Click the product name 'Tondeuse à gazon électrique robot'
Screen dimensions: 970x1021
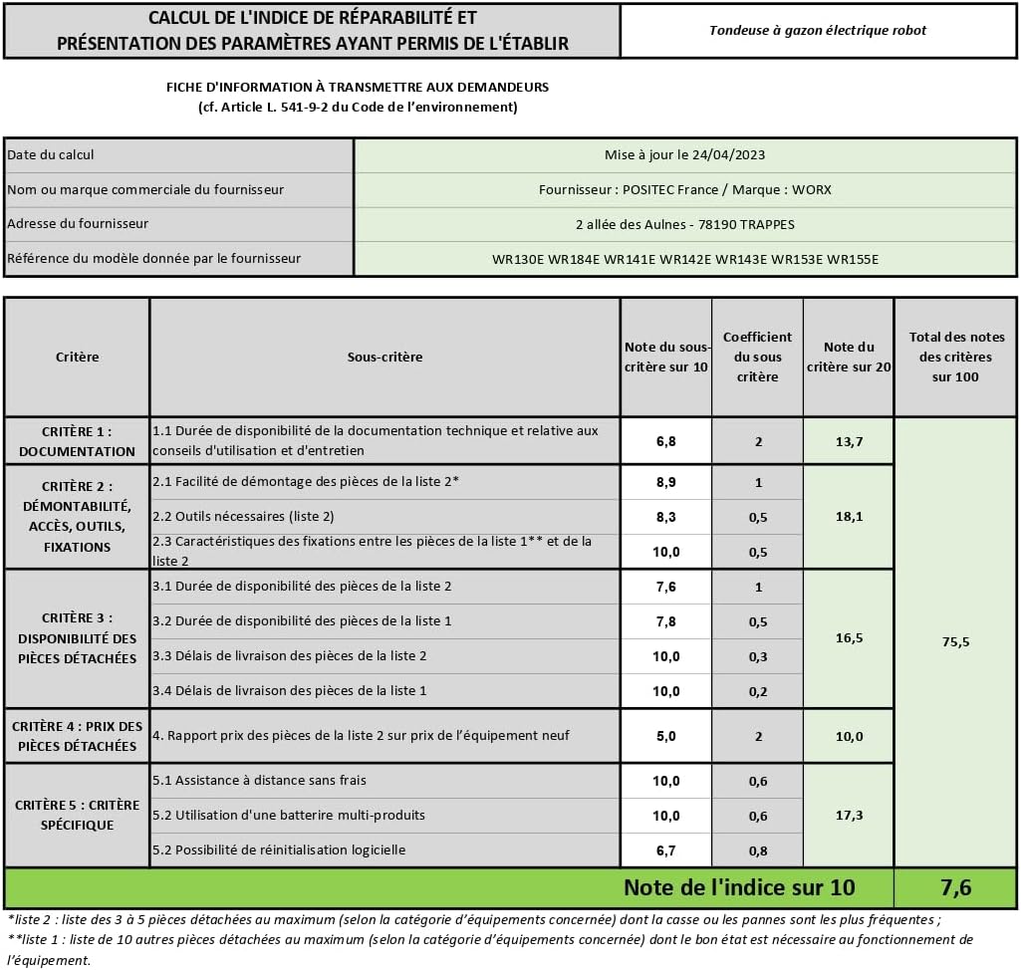click(x=817, y=30)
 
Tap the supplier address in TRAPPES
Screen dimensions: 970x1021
click(x=685, y=224)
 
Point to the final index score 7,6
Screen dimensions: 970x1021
click(x=955, y=887)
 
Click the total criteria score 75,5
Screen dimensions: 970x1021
click(x=955, y=642)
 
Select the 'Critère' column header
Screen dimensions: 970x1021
click(x=78, y=357)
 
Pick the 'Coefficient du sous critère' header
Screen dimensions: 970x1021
click(x=757, y=357)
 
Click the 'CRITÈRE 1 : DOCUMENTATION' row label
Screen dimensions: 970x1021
click(x=77, y=441)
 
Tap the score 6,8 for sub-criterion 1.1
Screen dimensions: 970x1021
click(x=666, y=441)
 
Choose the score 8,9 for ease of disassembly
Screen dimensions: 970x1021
click(x=666, y=482)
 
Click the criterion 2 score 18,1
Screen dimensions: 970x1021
click(x=849, y=517)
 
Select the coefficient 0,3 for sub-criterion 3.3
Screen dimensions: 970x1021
click(x=758, y=656)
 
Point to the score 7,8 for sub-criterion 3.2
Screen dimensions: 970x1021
click(x=666, y=621)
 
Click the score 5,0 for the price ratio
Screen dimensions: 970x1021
click(x=666, y=736)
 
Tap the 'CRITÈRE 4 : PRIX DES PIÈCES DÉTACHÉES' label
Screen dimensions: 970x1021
click(x=77, y=736)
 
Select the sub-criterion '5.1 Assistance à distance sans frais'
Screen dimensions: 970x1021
click(x=260, y=781)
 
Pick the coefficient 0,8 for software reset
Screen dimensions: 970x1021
click(x=758, y=850)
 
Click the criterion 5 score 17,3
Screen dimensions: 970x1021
click(x=849, y=816)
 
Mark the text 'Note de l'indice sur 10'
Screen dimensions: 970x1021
click(x=739, y=887)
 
